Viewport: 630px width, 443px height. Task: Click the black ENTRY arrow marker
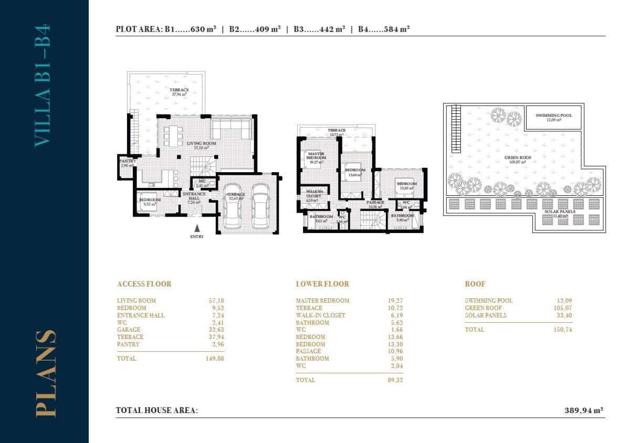coord(197,228)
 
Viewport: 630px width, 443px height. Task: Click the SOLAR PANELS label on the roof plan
coord(561,212)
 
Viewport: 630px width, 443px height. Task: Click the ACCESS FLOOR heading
coord(144,284)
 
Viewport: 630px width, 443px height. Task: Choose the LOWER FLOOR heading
coord(322,284)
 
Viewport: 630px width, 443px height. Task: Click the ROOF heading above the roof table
coord(475,284)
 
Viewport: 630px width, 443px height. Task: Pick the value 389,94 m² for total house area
coord(583,410)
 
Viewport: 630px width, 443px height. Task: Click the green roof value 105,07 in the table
coord(561,308)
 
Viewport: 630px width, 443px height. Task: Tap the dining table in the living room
coord(173,135)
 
